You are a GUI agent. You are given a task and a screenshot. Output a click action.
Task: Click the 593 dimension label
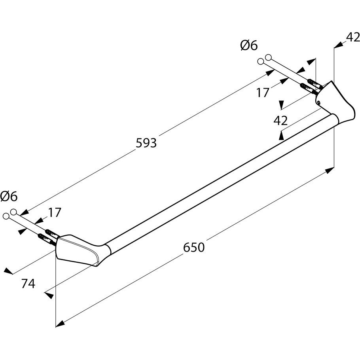pyautogui.click(x=146, y=142)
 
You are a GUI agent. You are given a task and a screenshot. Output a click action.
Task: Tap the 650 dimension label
pyautogui.click(x=194, y=247)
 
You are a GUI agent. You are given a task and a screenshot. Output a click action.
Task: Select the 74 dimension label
pyautogui.click(x=29, y=283)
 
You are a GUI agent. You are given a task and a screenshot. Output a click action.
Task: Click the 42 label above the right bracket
pyautogui.click(x=352, y=37)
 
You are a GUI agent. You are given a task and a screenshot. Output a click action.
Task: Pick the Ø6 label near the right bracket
pyautogui.click(x=248, y=46)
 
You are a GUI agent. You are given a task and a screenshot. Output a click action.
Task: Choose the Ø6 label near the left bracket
pyautogui.click(x=9, y=195)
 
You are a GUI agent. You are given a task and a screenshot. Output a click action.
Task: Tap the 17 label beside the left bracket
pyautogui.click(x=55, y=212)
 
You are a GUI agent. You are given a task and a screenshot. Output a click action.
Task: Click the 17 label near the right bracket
pyautogui.click(x=262, y=93)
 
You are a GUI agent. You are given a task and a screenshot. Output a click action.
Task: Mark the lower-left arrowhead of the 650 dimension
pyautogui.click(x=59, y=324)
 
